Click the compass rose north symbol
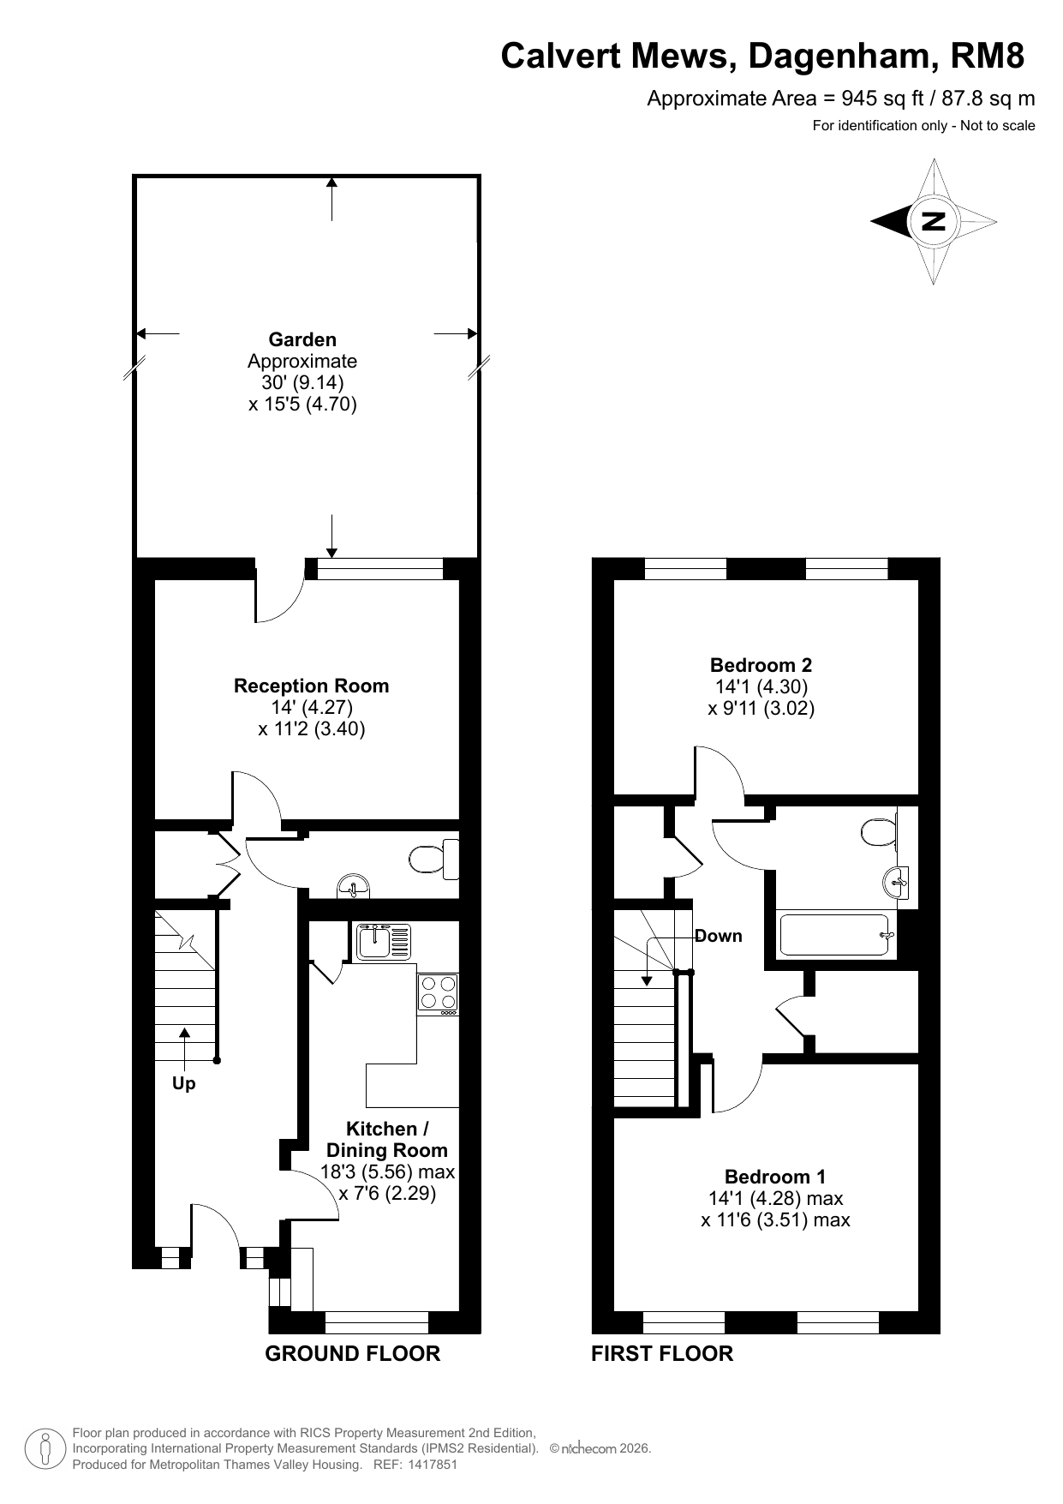(x=933, y=221)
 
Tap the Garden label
(x=302, y=339)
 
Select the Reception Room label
(x=311, y=686)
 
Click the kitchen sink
(x=385, y=941)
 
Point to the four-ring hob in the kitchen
(x=438, y=995)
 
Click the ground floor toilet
(x=433, y=859)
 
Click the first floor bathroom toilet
(x=880, y=831)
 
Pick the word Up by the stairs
(x=184, y=1084)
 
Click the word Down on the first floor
(x=719, y=936)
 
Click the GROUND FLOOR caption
(x=352, y=1353)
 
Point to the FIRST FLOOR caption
(x=662, y=1353)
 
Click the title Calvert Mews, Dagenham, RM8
(x=762, y=56)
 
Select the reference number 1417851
(x=433, y=1465)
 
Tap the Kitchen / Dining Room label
(x=387, y=1140)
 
